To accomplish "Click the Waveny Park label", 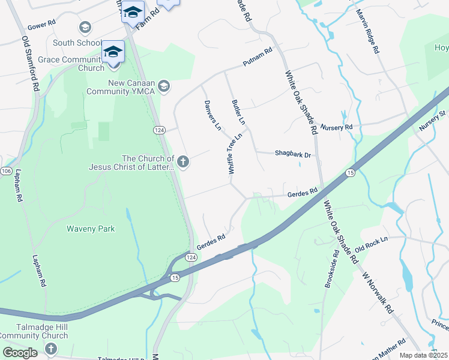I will coord(91,229).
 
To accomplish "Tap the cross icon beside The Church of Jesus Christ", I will coord(183,161).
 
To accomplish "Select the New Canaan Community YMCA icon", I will coord(164,87).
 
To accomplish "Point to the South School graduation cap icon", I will coord(85,27).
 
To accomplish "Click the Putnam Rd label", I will coord(258,57).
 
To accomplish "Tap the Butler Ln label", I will coord(239,112).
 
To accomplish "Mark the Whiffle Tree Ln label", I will coord(235,154).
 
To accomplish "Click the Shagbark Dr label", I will coord(293,154).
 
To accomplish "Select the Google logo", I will coord(20,353).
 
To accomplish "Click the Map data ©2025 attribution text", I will coord(424,355).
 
